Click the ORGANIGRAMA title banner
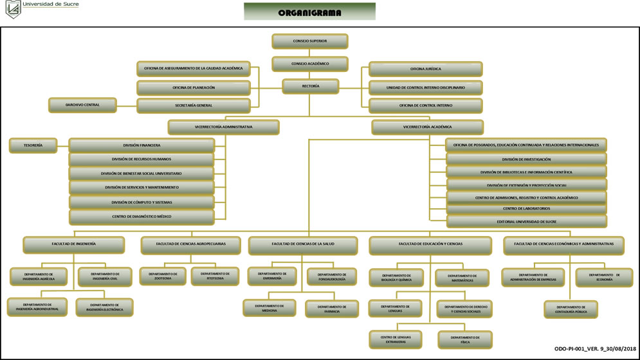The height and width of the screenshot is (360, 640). click(309, 12)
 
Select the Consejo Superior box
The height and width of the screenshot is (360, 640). click(309, 41)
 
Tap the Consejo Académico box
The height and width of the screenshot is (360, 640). click(309, 64)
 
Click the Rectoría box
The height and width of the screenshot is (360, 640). click(310, 86)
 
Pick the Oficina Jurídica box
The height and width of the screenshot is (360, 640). click(425, 69)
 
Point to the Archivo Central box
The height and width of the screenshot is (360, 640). click(82, 105)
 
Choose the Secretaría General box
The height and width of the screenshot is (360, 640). click(193, 105)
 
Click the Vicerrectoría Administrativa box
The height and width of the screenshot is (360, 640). click(223, 127)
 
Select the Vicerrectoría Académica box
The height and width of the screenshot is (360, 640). click(427, 127)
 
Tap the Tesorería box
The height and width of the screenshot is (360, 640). click(33, 145)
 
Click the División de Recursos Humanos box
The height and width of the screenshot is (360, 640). click(142, 159)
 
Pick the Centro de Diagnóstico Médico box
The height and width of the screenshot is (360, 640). click(142, 217)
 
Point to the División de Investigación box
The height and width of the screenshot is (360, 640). click(526, 159)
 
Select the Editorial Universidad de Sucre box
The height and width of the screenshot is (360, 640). click(526, 222)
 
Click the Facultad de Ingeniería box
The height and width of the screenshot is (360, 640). click(74, 244)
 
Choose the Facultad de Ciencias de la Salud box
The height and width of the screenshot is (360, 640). click(302, 244)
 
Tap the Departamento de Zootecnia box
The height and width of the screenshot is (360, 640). click(163, 276)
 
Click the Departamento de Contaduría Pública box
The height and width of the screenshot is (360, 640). click(571, 309)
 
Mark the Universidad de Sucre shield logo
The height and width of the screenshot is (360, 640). click(12, 9)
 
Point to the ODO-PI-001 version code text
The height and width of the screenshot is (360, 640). click(595, 348)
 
